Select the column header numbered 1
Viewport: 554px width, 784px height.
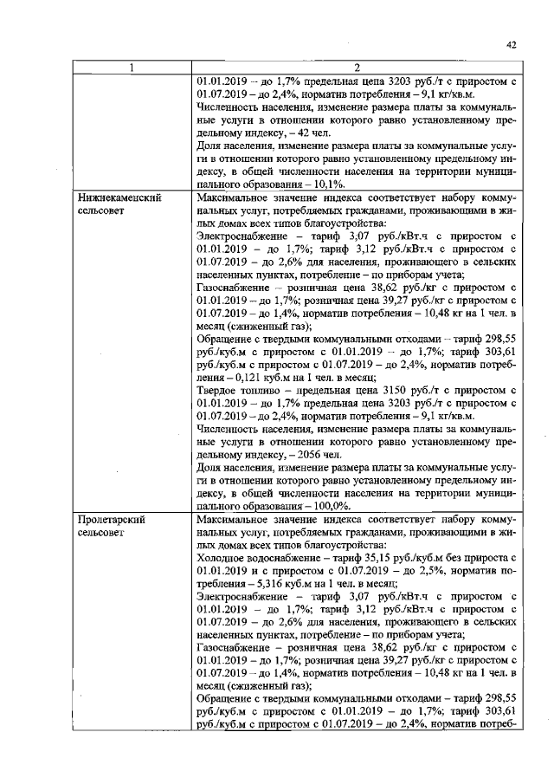pyautogui.click(x=132, y=68)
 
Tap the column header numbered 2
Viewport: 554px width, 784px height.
pyautogui.click(x=357, y=68)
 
